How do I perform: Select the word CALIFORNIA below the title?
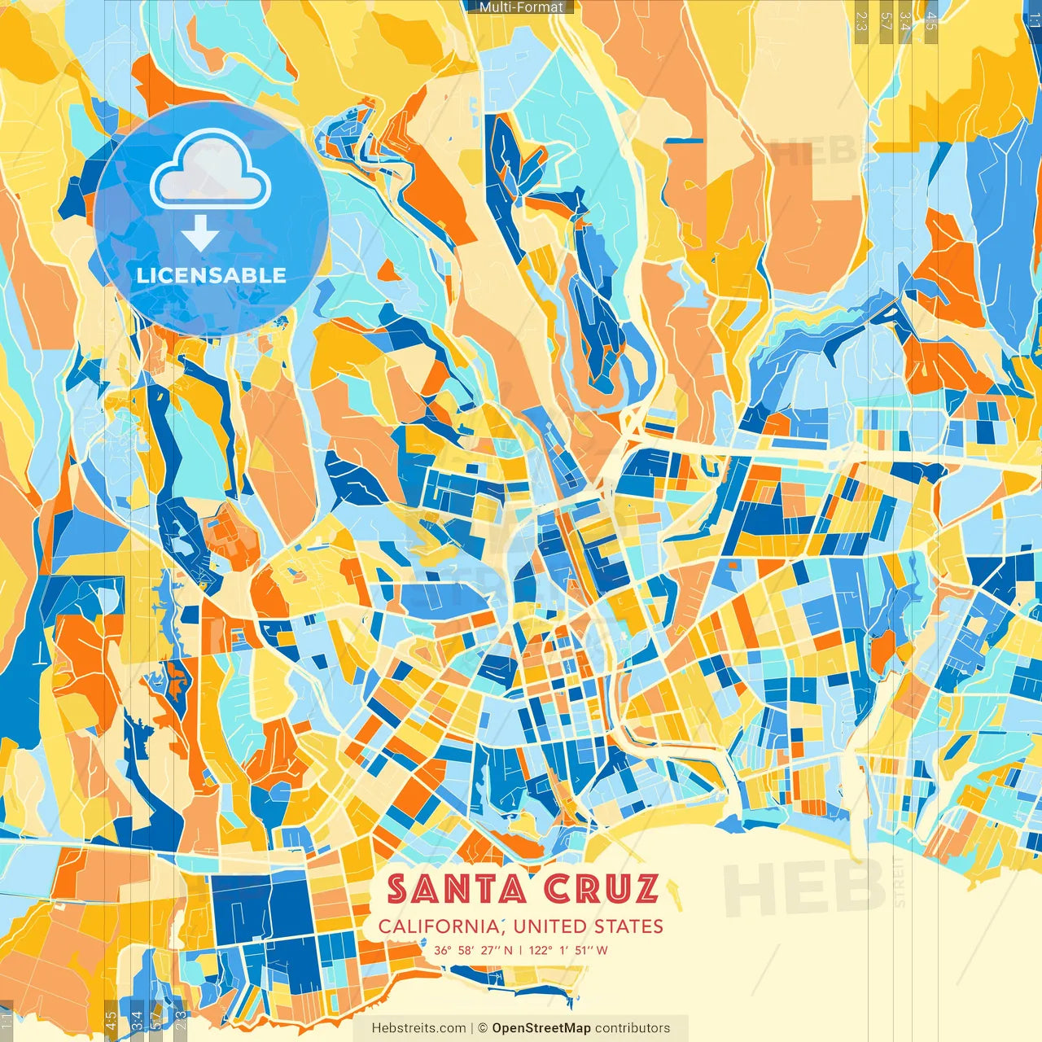(x=440, y=926)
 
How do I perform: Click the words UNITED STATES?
(x=589, y=926)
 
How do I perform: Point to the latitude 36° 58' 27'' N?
(x=473, y=950)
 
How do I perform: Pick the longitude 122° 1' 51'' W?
(x=568, y=950)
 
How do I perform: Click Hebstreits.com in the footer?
(x=418, y=1028)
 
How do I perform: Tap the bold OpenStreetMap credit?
(x=541, y=1028)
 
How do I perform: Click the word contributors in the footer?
(x=633, y=1028)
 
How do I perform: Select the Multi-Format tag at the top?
(x=521, y=7)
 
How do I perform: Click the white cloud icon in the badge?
(x=211, y=171)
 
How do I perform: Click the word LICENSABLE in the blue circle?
(x=211, y=275)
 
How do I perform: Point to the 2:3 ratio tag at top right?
(x=861, y=16)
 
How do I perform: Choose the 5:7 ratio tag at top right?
(x=886, y=16)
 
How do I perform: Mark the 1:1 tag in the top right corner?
(x=1034, y=16)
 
